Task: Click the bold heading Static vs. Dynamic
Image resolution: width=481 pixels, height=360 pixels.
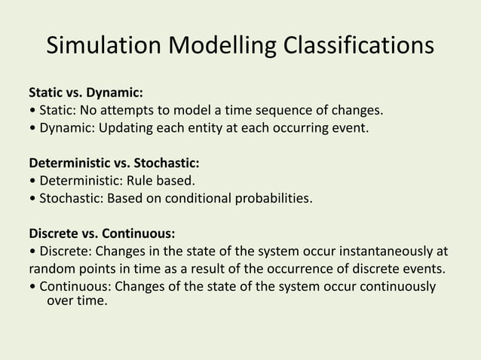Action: (x=85, y=94)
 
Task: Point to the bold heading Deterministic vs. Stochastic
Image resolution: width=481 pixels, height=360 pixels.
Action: (x=115, y=163)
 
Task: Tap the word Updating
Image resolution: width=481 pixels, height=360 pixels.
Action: (x=122, y=129)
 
